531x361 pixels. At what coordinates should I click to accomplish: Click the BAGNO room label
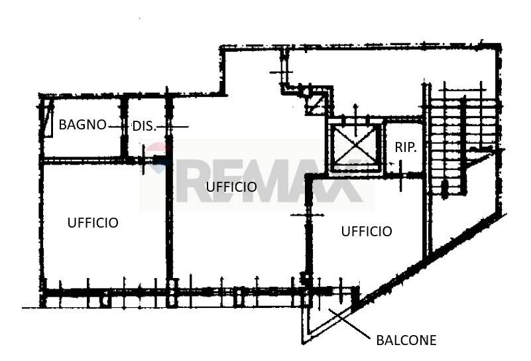[83, 125]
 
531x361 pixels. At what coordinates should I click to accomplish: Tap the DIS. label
[145, 127]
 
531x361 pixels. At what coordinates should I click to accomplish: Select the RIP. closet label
[406, 147]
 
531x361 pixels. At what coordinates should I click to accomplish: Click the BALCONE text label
[406, 340]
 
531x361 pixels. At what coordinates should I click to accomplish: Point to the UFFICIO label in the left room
[93, 223]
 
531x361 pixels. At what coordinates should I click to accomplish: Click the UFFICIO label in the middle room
[231, 187]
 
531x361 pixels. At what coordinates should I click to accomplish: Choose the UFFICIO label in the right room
[367, 232]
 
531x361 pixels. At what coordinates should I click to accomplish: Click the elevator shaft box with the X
[355, 147]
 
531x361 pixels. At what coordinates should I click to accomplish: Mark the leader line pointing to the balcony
[349, 324]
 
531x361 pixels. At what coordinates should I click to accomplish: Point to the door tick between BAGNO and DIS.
[116, 127]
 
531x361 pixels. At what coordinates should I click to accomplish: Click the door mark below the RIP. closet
[401, 176]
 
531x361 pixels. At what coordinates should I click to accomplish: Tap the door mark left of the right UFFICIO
[308, 215]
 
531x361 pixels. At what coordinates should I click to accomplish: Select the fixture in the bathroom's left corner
[49, 117]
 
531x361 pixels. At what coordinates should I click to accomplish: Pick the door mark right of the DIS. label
[173, 127]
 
